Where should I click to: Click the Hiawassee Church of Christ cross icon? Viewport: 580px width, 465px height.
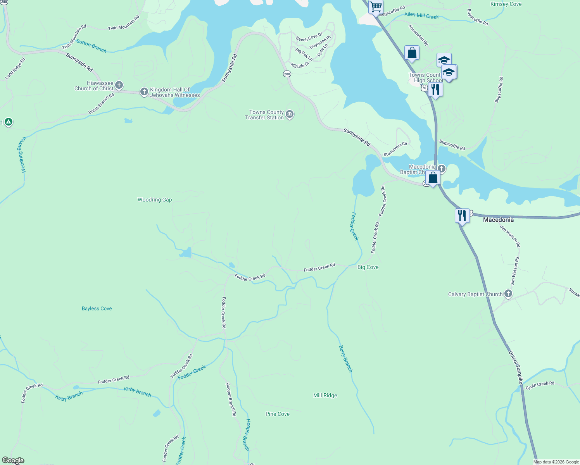pos(119,85)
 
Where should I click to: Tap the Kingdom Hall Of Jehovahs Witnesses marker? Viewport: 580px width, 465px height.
pos(144,92)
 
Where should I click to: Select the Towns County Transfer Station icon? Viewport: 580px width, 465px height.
pos(289,114)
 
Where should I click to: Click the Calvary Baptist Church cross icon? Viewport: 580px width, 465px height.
pos(508,294)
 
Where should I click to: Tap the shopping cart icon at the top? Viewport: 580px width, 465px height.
pos(375,7)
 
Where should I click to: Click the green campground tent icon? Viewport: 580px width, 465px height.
pos(9,122)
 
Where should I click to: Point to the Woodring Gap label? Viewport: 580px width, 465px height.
pos(155,200)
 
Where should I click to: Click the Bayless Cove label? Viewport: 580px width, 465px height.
pos(97,309)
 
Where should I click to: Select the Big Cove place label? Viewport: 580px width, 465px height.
pos(368,267)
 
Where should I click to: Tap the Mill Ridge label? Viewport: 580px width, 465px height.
pos(325,396)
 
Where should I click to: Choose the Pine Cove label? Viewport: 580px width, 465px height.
pos(277,414)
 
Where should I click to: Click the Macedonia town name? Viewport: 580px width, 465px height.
pos(498,220)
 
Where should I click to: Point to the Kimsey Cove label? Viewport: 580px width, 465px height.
pos(506,4)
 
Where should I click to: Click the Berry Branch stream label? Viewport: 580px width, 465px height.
pos(345,359)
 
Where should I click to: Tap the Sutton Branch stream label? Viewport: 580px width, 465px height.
pos(91,46)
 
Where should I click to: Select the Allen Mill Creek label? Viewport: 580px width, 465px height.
pos(421,15)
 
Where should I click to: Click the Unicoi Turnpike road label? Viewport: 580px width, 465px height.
pos(516,367)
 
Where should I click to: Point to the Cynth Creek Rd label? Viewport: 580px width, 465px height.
pos(540,385)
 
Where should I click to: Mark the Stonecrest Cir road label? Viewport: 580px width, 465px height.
pos(395,149)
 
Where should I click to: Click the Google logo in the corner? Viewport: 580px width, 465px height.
pos(13,460)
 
